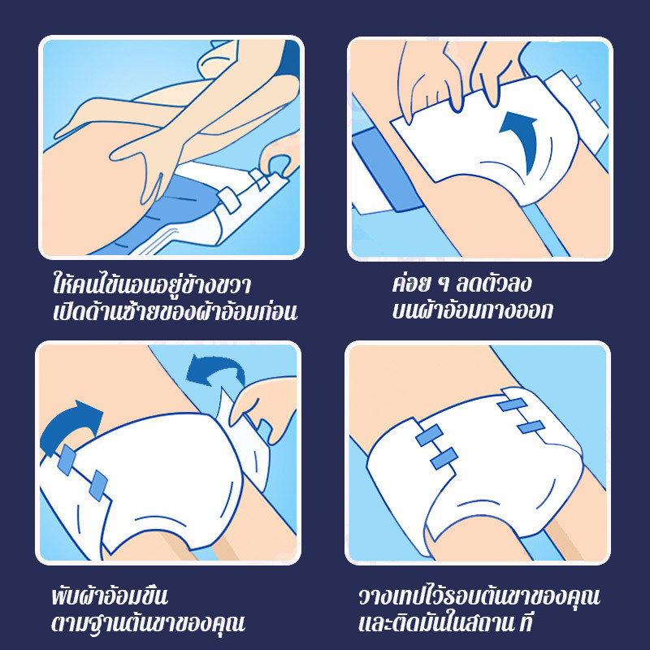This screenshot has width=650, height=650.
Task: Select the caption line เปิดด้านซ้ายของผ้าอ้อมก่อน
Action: coord(175,311)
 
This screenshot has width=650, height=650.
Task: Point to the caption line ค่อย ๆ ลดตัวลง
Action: coord(461,284)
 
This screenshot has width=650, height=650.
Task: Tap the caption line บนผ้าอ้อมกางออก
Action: coord(472,310)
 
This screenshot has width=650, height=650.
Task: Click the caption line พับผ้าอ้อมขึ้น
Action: coord(110,596)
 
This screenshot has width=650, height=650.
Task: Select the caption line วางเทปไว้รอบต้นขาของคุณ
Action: coord(479,596)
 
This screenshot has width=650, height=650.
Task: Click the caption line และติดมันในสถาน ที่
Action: coord(445,622)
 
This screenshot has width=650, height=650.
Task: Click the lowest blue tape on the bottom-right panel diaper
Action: coord(444,458)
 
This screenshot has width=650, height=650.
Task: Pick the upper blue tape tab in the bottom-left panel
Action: coord(67,460)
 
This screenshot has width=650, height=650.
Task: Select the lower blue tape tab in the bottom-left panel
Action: coord(98,485)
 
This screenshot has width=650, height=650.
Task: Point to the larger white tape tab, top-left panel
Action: coord(229,200)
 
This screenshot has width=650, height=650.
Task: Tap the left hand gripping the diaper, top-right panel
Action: coord(427,80)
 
